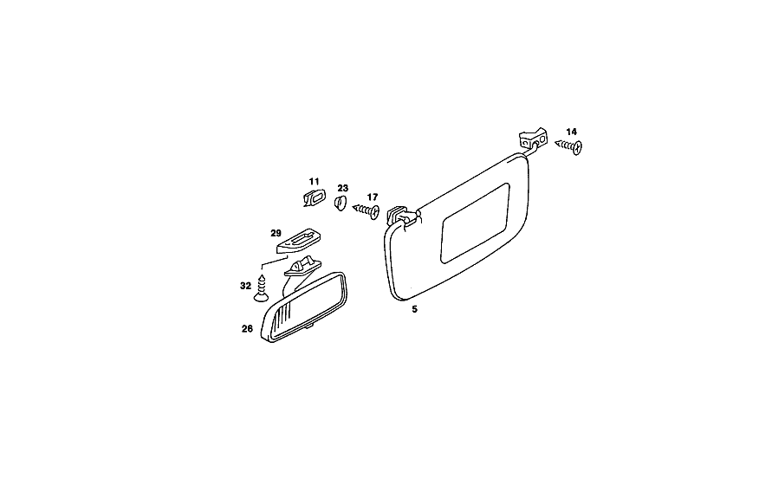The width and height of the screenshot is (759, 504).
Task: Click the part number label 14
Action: pos(571,132)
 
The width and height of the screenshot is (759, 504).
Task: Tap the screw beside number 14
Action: pos(568,146)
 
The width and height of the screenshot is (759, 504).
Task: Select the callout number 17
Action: pos(372,197)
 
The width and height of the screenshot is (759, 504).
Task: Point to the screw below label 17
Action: pos(366,210)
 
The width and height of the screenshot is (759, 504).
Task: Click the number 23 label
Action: pos(343,188)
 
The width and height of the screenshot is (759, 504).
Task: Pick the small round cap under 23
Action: pos(341,204)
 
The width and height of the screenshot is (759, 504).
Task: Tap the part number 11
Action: pos(315,182)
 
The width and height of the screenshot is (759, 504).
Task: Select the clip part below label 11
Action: pos(315,197)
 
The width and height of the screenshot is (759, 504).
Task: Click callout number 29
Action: pos(276,233)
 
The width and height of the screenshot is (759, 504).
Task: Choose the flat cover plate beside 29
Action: pos(300,241)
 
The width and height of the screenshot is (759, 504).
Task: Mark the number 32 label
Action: pos(246,287)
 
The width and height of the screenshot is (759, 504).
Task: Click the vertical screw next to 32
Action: pos(262,288)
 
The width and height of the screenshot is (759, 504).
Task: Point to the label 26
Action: pos(247,329)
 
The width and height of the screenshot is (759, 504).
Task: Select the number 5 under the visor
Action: pos(414,309)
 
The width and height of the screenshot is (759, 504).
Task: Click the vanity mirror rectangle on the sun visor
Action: pos(476,223)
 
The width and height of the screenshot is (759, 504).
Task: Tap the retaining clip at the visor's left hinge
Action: pos(397,214)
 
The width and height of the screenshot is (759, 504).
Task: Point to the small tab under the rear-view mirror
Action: pos(308,327)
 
